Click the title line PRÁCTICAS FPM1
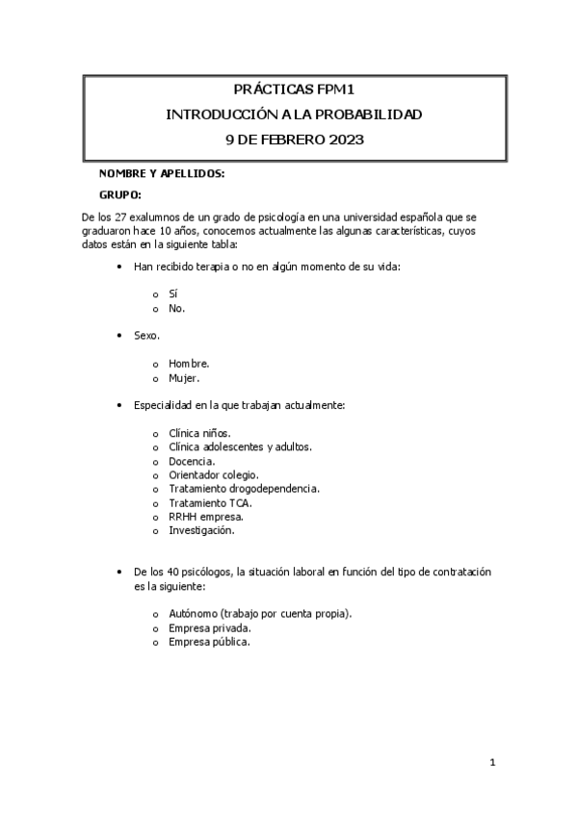pos(294,91)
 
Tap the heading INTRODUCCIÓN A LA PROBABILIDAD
pos(294,115)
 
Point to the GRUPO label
pos(120,194)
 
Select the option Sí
pos(173,293)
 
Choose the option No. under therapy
pos(176,308)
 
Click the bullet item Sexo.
pos(147,336)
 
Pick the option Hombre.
pos(189,364)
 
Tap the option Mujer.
pos(184,378)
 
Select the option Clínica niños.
pos(199,433)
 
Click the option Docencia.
pos(192,461)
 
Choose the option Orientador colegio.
pos(213,474)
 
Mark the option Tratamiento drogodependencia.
pos(244,488)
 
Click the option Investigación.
pos(201,529)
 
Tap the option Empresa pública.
pos(209,641)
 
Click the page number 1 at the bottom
pos(492,763)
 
